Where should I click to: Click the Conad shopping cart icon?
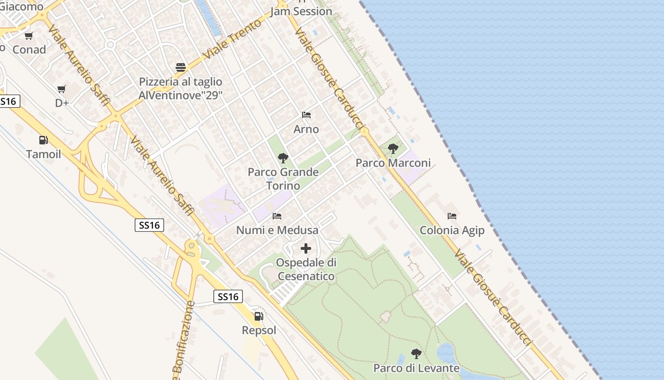(x=29, y=36)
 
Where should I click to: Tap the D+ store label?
(x=62, y=103)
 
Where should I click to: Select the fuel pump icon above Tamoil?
(x=43, y=140)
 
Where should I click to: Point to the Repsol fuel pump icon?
(x=258, y=316)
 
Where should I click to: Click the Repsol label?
(x=259, y=330)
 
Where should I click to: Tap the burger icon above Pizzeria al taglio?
(x=180, y=67)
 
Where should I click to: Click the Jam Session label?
(x=301, y=11)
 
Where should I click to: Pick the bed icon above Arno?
(x=306, y=115)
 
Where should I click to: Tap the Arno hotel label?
(x=306, y=129)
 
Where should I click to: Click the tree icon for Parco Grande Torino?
(x=283, y=158)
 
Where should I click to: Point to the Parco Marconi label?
(x=393, y=163)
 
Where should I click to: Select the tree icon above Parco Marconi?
(x=393, y=149)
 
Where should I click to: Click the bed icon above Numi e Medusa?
(x=277, y=216)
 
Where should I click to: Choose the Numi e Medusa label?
(x=277, y=230)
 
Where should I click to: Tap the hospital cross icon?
(x=306, y=248)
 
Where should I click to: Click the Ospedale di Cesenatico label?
(x=306, y=269)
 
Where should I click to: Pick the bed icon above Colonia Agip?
(x=452, y=216)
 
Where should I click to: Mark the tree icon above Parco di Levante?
(x=416, y=354)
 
